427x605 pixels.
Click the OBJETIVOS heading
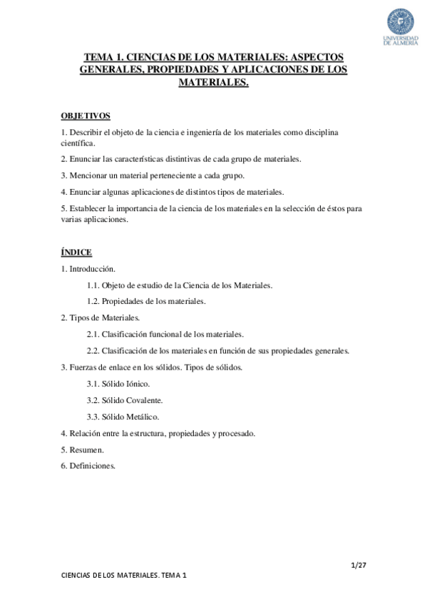[x=86, y=115]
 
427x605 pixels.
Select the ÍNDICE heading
[x=76, y=252]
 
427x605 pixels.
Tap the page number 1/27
[x=359, y=566]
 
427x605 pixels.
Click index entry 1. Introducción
[x=88, y=268]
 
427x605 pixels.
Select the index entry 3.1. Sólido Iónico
[x=118, y=384]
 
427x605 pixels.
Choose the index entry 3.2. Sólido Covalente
[x=124, y=400]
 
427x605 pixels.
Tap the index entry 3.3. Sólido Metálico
[x=123, y=417]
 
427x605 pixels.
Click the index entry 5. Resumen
[x=82, y=449]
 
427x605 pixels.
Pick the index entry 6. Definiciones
[x=88, y=466]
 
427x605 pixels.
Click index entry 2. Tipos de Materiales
[x=101, y=317]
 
